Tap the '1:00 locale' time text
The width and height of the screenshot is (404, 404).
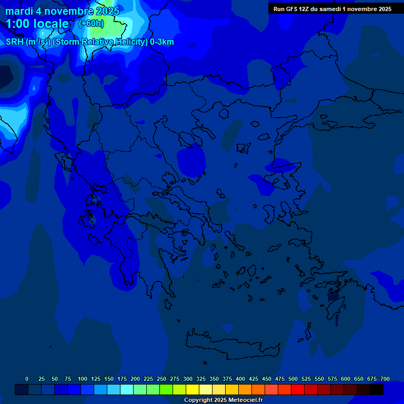coord(37,24)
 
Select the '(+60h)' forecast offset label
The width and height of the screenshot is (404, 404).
coord(91,24)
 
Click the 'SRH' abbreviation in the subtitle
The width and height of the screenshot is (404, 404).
coord(15,42)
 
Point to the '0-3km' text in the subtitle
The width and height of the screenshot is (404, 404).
coord(162,42)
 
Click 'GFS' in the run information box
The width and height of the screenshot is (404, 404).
coord(292,9)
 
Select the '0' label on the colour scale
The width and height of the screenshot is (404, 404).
coord(27,379)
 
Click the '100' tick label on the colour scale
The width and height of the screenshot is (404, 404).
coord(83,379)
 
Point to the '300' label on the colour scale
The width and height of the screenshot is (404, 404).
coord(188,379)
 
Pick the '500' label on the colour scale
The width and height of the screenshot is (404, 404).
coord(293,379)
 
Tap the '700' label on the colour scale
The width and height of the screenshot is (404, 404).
coord(385,379)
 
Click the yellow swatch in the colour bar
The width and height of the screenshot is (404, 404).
coord(193,389)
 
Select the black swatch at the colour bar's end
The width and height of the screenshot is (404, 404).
coord(377,389)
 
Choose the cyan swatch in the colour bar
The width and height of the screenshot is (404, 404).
coord(127,389)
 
